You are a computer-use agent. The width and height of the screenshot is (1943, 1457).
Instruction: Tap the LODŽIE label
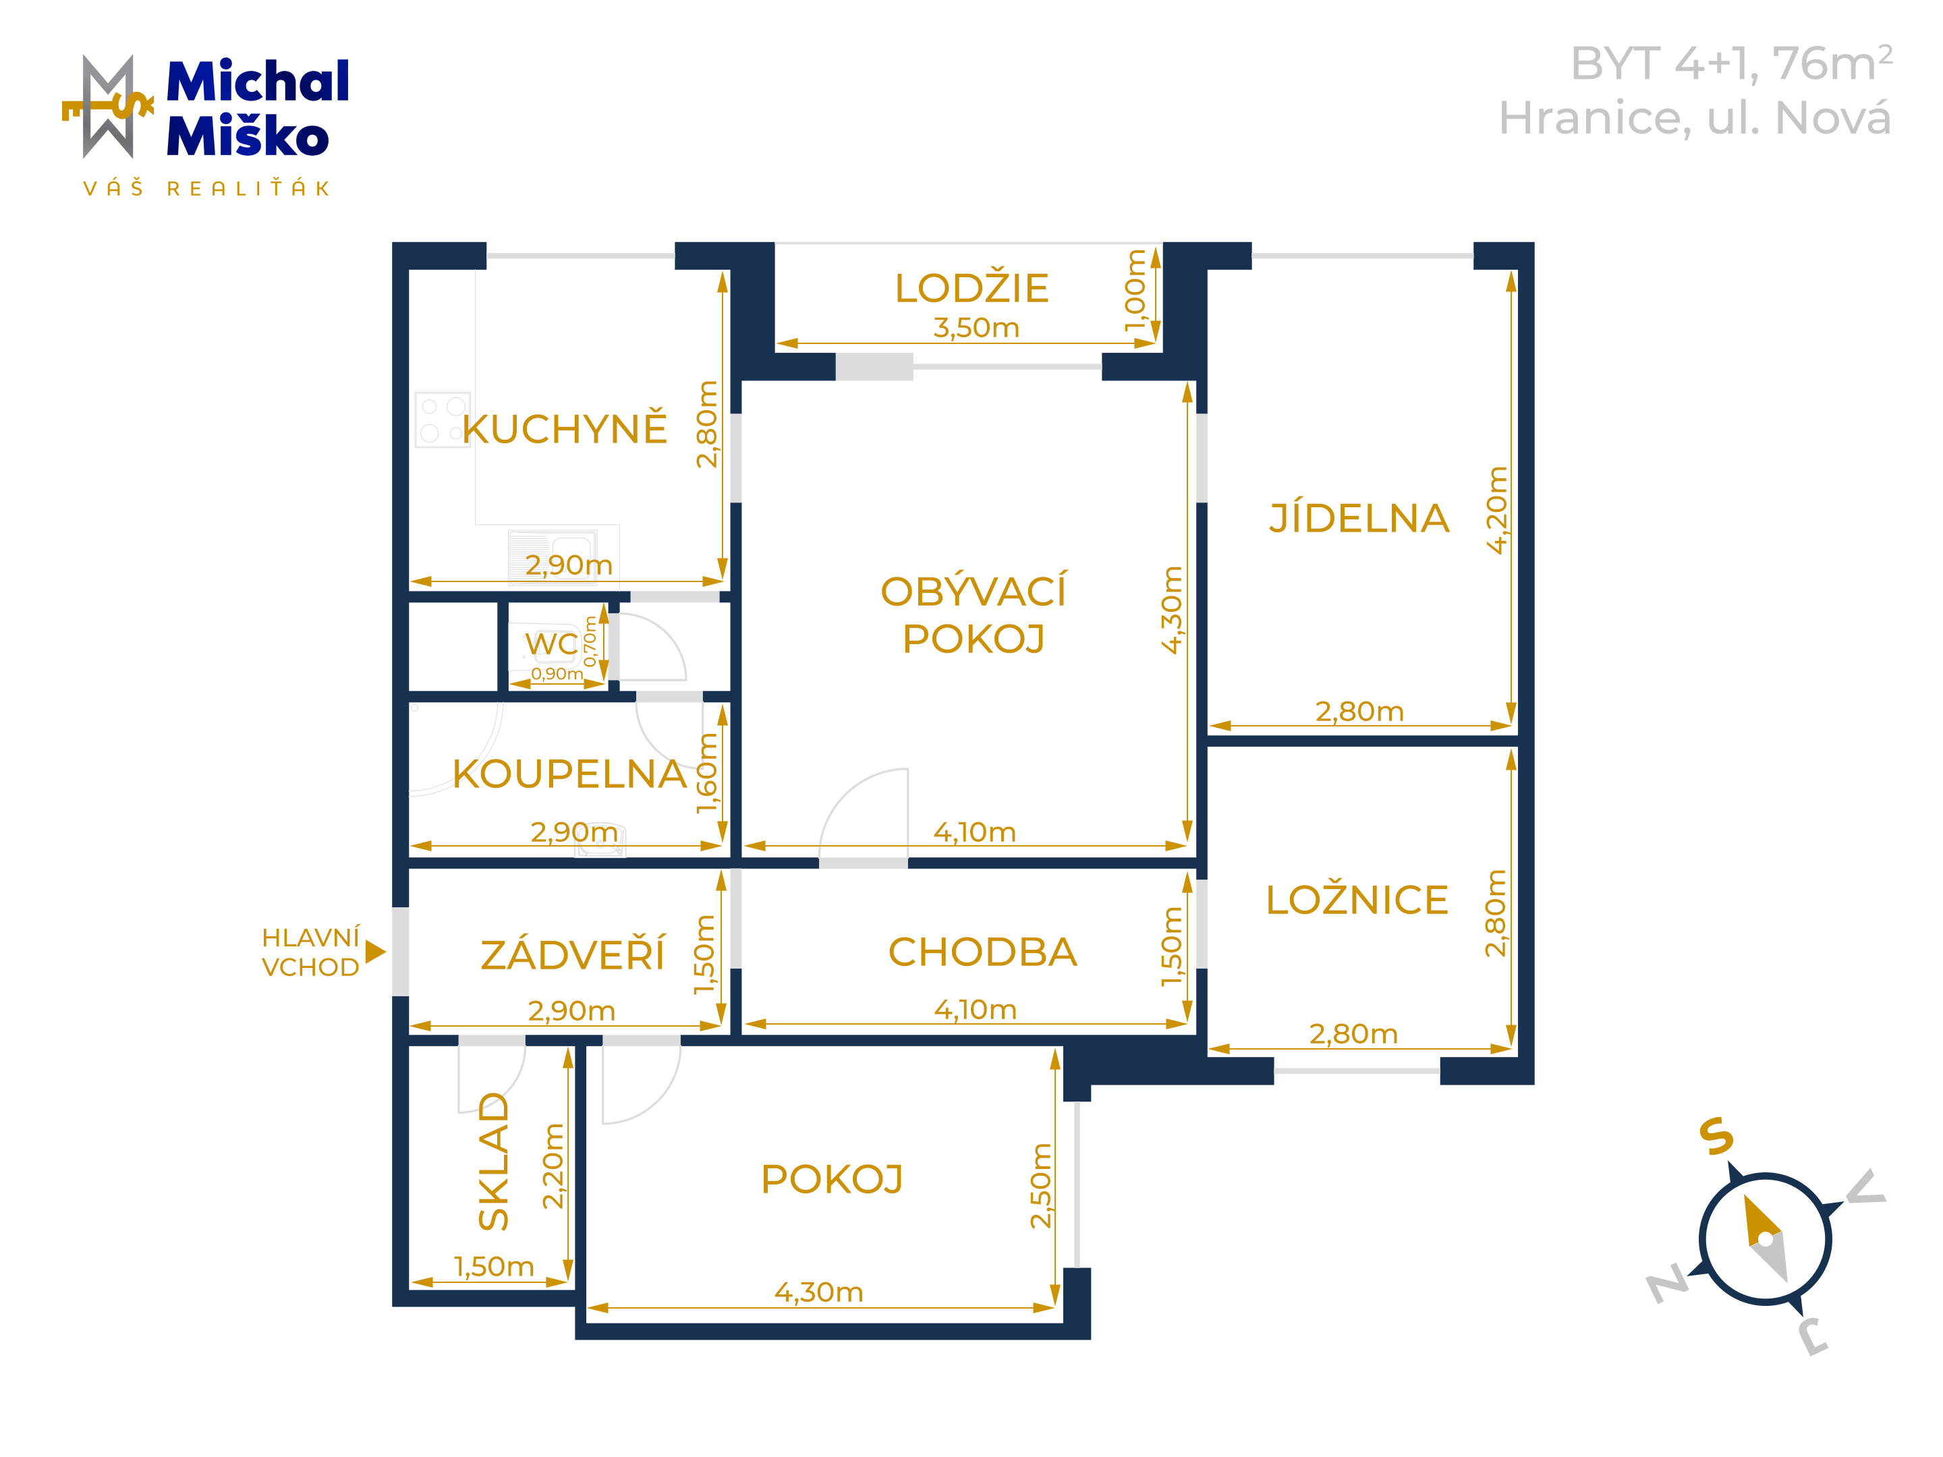pos(971,288)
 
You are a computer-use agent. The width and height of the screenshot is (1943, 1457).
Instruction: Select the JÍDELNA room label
pos(1359,517)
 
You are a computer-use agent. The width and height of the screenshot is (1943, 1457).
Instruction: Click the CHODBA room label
pos(982,952)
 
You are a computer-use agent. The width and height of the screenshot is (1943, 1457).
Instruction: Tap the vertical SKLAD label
pos(494,1160)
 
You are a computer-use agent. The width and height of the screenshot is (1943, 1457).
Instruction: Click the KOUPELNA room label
pos(569,774)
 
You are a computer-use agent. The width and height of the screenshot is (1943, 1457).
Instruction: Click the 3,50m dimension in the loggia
pos(976,328)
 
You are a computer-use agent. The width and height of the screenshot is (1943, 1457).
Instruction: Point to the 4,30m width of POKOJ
pos(818,1292)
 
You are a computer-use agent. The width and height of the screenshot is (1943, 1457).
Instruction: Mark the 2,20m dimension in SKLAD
pos(553,1166)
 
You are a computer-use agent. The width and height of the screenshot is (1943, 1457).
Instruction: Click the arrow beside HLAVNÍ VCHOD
pos(375,951)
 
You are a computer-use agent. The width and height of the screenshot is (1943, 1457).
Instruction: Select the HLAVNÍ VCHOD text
pos(311,952)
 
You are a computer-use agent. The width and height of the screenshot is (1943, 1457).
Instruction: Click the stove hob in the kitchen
pos(443,420)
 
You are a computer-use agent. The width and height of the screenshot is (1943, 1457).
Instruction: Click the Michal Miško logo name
pos(257,108)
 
